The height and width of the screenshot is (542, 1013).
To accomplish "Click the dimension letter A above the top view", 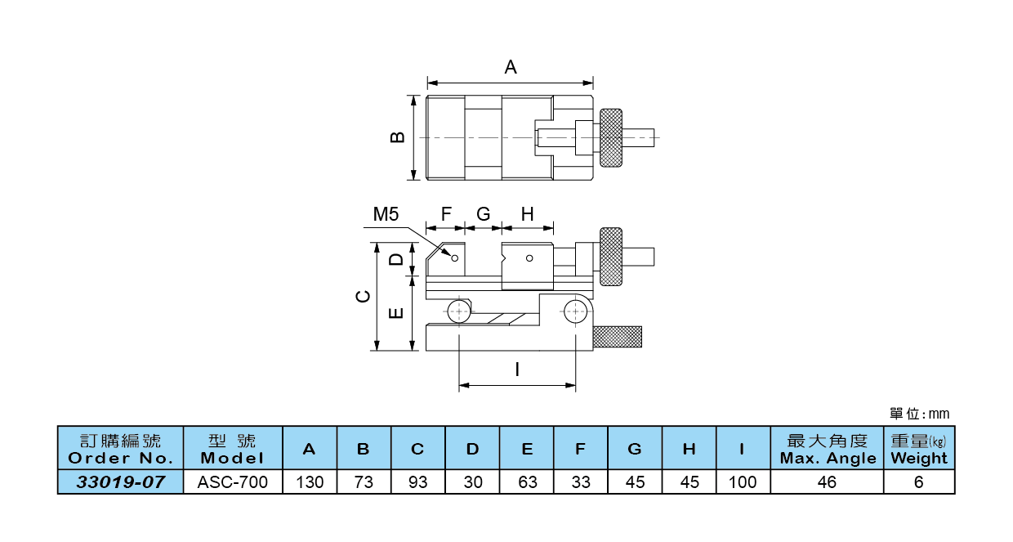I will [x=511, y=67].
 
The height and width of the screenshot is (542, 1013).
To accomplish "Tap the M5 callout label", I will [x=386, y=214].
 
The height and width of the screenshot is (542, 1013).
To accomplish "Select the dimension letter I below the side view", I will [x=517, y=370].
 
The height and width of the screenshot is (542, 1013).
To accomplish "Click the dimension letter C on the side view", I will [x=364, y=296].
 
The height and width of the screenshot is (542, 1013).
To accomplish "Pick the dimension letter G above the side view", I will [x=483, y=214].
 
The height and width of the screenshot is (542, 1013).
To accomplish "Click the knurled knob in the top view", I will [x=611, y=137].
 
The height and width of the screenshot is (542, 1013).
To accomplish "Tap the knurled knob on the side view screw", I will [x=611, y=257].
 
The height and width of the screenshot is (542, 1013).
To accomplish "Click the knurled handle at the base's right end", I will [x=618, y=336].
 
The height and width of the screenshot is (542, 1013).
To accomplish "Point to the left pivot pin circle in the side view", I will [x=460, y=311].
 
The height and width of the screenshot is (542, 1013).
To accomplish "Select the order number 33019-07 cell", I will [x=121, y=482].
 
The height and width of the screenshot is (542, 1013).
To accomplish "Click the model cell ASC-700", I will [x=233, y=482].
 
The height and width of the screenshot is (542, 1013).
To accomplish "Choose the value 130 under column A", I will [x=310, y=482].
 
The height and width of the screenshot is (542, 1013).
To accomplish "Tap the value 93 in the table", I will [x=418, y=482].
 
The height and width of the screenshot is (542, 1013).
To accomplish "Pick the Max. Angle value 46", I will [x=827, y=482].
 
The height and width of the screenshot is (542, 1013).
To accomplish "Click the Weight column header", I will [x=919, y=449].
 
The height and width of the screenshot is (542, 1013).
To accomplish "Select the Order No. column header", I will [x=121, y=449].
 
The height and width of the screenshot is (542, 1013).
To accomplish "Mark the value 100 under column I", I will [x=743, y=482].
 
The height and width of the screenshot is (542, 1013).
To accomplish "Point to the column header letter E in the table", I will [x=527, y=449].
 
